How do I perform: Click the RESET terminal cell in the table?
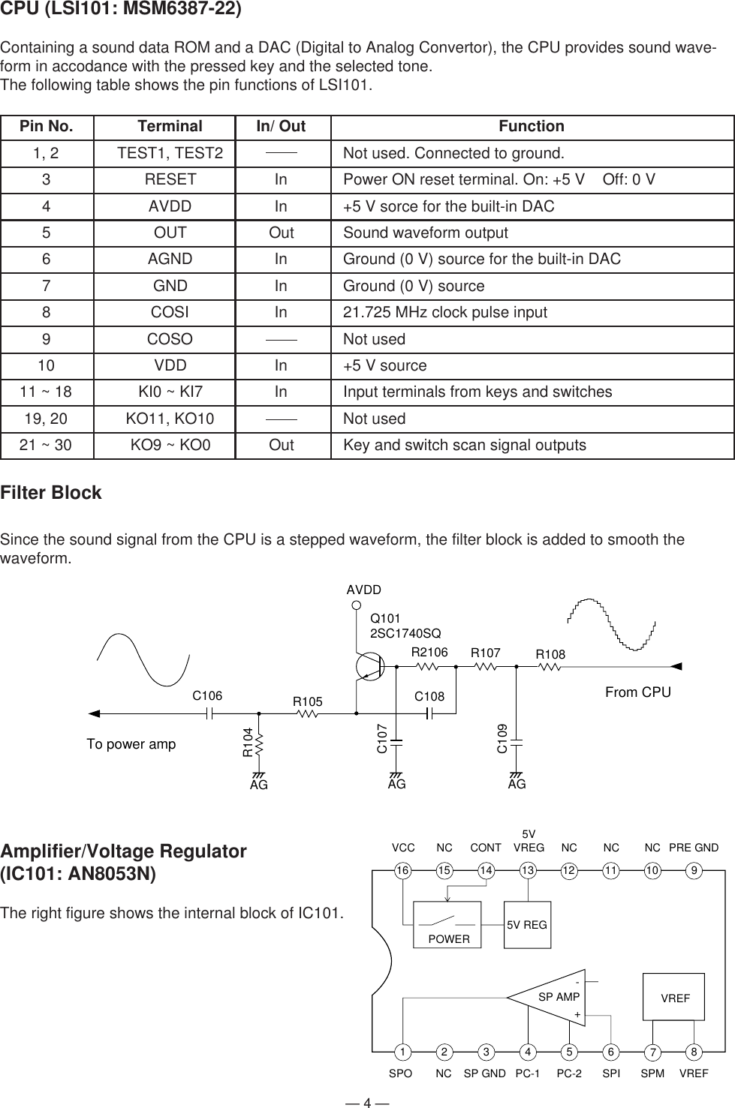coord(170,180)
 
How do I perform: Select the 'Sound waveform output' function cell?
coord(425,233)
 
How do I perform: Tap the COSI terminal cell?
coord(170,313)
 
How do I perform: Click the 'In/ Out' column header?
coord(281,127)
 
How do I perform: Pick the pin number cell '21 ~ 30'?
coord(46,446)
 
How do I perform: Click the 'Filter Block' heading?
coord(51,494)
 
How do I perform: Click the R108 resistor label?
coord(550,655)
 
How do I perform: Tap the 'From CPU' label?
coord(637,692)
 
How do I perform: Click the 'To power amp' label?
coord(131,744)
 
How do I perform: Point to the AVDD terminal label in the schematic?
coord(364,590)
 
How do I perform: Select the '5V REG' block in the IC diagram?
coord(527,925)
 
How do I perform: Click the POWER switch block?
coord(447,925)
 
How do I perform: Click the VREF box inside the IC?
coord(674,998)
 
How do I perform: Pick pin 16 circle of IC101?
coord(403,870)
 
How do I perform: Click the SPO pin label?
coord(401,1074)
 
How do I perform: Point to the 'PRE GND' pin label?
coord(694,848)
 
